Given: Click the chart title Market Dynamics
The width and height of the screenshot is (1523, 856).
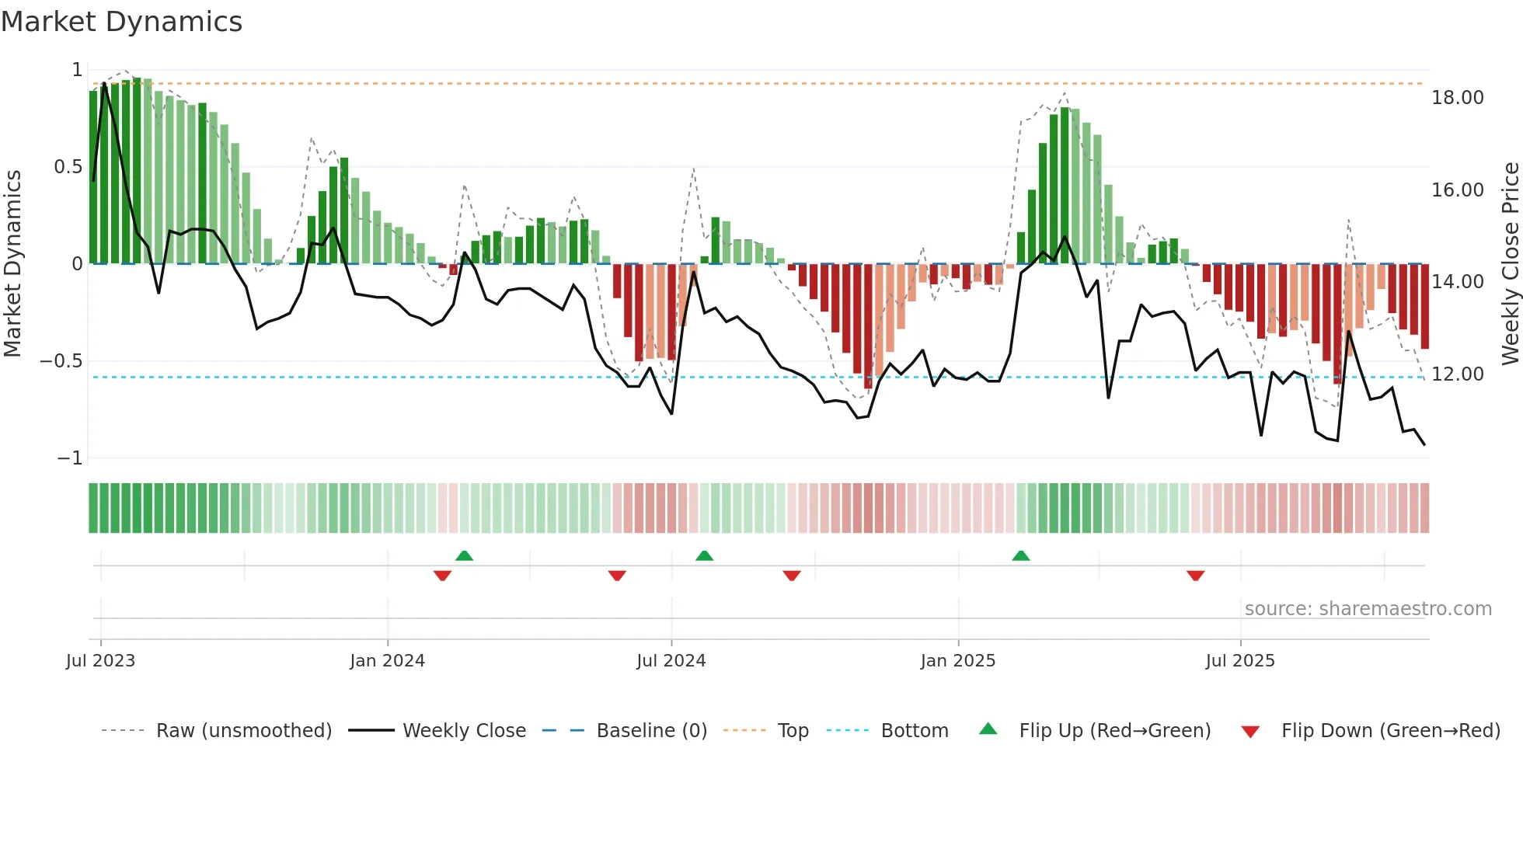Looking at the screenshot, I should pyautogui.click(x=121, y=22).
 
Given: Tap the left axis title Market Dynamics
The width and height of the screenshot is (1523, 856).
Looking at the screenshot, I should pyautogui.click(x=12, y=263).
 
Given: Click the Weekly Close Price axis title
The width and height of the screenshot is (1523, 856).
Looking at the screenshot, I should pyautogui.click(x=1510, y=263).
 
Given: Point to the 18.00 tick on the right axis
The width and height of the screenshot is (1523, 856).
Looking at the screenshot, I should pyautogui.click(x=1457, y=98).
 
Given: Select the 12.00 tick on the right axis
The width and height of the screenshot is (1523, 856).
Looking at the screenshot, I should pyautogui.click(x=1457, y=374).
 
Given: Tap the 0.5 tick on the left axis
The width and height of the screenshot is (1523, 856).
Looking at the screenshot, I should pyautogui.click(x=68, y=167).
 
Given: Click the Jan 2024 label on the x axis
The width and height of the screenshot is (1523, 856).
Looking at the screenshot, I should pyautogui.click(x=387, y=661).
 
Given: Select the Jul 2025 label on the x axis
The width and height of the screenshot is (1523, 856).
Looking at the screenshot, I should pyautogui.click(x=1239, y=661).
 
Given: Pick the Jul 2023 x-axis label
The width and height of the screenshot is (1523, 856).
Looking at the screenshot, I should pyautogui.click(x=100, y=661).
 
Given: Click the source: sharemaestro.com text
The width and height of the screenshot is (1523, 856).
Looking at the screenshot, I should pyautogui.click(x=1368, y=609).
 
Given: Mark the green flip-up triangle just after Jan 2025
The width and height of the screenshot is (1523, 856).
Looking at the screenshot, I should pyautogui.click(x=1021, y=556).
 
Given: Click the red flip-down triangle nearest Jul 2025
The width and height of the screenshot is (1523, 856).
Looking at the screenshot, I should pyautogui.click(x=1195, y=576).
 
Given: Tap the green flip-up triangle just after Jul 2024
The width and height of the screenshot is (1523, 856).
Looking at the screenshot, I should pyautogui.click(x=704, y=556).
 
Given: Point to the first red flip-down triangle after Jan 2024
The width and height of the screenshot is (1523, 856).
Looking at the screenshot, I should pyautogui.click(x=442, y=576).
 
